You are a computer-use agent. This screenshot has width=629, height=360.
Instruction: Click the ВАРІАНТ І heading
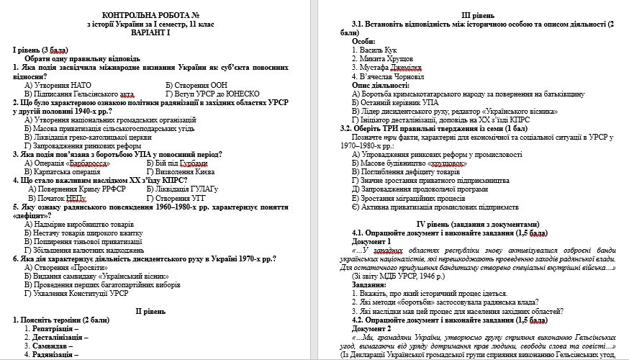click(152, 32)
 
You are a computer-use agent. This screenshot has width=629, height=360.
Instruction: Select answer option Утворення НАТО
click(58, 85)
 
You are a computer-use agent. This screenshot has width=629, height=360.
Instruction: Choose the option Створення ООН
click(194, 85)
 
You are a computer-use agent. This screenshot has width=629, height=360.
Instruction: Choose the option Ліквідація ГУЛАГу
click(192, 189)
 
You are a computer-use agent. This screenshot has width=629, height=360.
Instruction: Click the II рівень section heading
click(152, 311)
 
